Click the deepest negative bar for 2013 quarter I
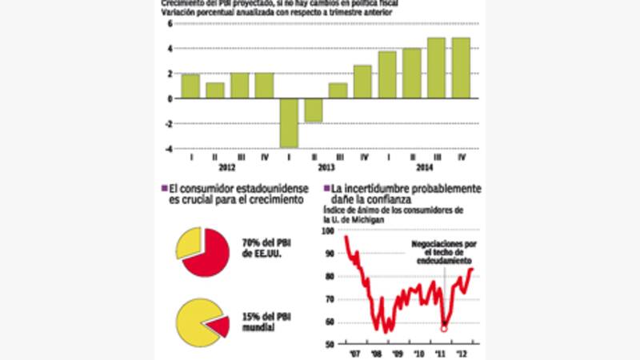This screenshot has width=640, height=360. click(288, 122)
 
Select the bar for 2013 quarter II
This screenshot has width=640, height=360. click(313, 110)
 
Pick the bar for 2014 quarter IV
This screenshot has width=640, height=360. click(461, 68)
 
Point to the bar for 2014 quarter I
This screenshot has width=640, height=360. click(387, 74)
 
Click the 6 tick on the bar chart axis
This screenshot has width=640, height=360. click(170, 23)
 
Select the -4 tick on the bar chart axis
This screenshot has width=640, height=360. click(169, 148)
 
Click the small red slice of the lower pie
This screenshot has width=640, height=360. click(218, 325)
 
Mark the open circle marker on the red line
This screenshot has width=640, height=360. click(444, 328)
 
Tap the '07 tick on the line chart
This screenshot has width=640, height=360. click(352, 353)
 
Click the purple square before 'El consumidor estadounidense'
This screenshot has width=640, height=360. click(164, 188)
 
